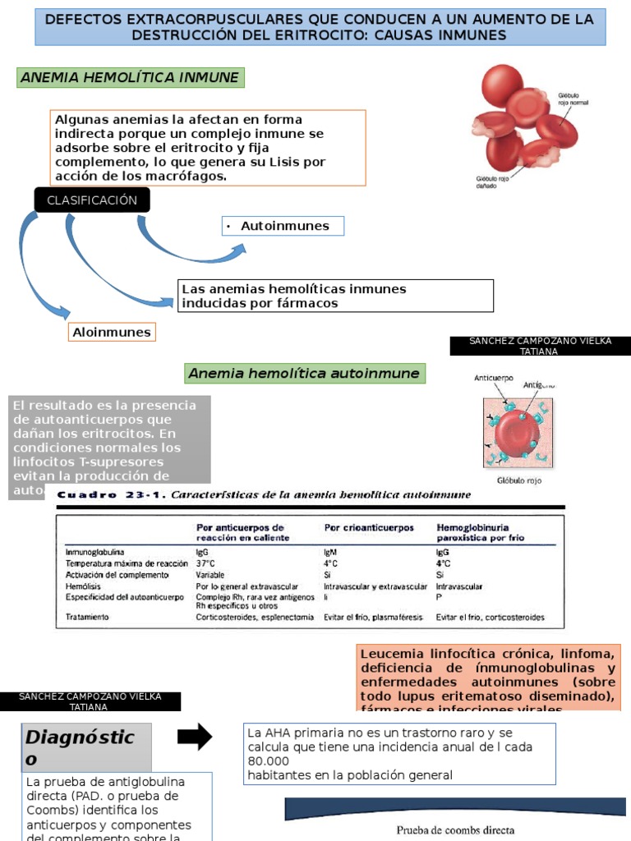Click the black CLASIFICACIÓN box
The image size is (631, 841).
(92, 200)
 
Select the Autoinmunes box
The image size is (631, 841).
(283, 226)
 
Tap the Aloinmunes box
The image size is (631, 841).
(112, 333)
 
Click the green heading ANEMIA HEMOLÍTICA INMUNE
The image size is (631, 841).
(130, 78)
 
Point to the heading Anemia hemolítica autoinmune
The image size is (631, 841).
(304, 374)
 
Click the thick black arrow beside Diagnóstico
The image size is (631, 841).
(195, 737)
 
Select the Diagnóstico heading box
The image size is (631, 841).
(86, 747)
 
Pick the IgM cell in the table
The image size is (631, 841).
(331, 553)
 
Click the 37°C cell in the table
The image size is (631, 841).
(205, 564)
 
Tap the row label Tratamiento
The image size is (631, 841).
(89, 617)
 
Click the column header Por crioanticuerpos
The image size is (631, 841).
(369, 527)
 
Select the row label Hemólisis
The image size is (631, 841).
(84, 586)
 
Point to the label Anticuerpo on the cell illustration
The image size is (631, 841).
(494, 379)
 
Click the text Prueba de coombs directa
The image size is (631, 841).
(455, 830)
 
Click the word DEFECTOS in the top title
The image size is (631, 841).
(84, 19)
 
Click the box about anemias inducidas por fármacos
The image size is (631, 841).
(336, 296)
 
